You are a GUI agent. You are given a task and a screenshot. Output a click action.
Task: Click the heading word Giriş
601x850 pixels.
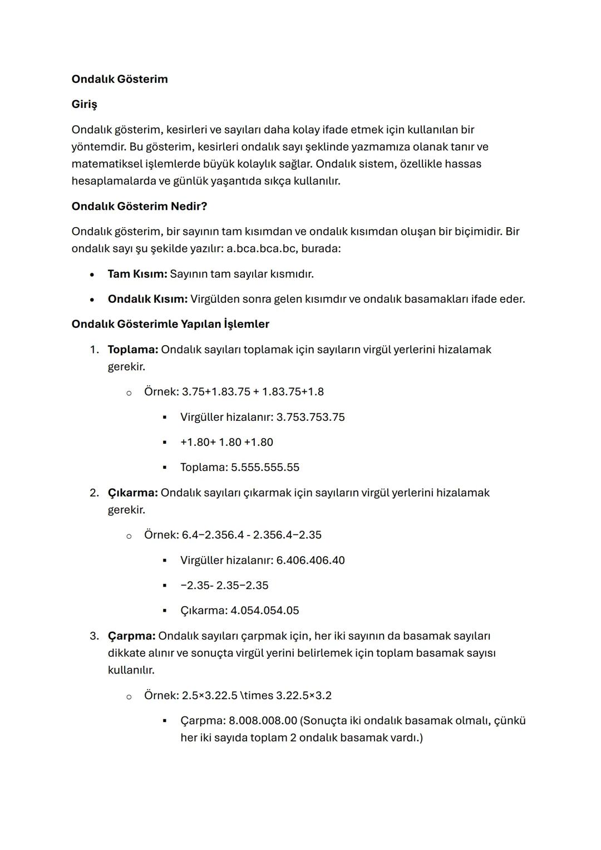[84, 104]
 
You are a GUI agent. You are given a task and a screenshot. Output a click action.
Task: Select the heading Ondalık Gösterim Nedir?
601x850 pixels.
[139, 207]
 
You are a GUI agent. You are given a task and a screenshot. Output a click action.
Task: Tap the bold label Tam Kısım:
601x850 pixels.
[137, 274]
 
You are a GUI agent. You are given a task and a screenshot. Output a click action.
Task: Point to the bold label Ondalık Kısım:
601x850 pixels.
[147, 299]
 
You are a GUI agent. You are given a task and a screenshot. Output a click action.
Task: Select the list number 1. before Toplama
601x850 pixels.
[94, 350]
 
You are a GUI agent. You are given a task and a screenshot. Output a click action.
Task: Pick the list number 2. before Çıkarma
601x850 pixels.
[94, 493]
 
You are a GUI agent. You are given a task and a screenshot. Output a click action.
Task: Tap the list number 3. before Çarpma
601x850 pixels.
[94, 636]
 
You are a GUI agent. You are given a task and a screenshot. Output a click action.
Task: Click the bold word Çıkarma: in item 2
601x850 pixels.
[132, 493]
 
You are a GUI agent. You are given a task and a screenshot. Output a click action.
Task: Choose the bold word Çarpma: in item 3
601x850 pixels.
[131, 636]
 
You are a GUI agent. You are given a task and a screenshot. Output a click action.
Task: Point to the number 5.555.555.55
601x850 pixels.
[265, 467]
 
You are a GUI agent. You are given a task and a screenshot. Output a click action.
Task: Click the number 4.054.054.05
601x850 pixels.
[264, 610]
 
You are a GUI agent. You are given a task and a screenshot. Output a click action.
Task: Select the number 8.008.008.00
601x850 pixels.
[263, 720]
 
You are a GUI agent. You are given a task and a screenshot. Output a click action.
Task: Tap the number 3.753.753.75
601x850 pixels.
[311, 417]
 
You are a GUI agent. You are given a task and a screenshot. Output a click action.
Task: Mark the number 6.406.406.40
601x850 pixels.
[311, 560]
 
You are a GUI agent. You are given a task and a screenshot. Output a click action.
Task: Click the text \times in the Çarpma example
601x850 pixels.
[256, 695]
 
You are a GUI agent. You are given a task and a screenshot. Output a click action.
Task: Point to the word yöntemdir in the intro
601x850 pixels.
[98, 147]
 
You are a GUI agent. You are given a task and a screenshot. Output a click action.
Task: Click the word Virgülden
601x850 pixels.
[215, 299]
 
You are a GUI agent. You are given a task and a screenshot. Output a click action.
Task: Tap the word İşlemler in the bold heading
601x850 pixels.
[246, 324]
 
